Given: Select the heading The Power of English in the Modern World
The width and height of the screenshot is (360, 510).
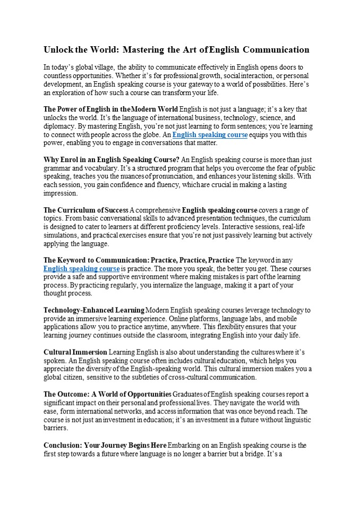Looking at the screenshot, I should pos(110,109).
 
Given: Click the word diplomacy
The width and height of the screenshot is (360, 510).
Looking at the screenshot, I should pos(59,126).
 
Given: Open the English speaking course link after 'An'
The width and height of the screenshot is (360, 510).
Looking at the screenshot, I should pos(210,135).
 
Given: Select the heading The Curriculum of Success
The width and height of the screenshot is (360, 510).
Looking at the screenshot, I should pos(85,210).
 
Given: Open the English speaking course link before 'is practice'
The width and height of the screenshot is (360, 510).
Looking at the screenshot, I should pos(81,269).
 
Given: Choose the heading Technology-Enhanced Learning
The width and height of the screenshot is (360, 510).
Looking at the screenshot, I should pos(94,310).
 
